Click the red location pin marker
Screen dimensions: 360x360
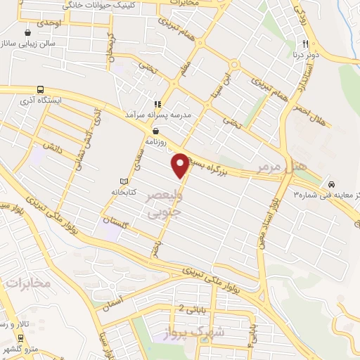coord(180,165)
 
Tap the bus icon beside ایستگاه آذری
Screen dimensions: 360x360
coord(39,90)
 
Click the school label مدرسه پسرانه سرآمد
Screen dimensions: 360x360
coord(167,114)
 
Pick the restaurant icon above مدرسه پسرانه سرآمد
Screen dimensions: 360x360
coord(167,103)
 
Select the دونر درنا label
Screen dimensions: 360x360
coord(306,53)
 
